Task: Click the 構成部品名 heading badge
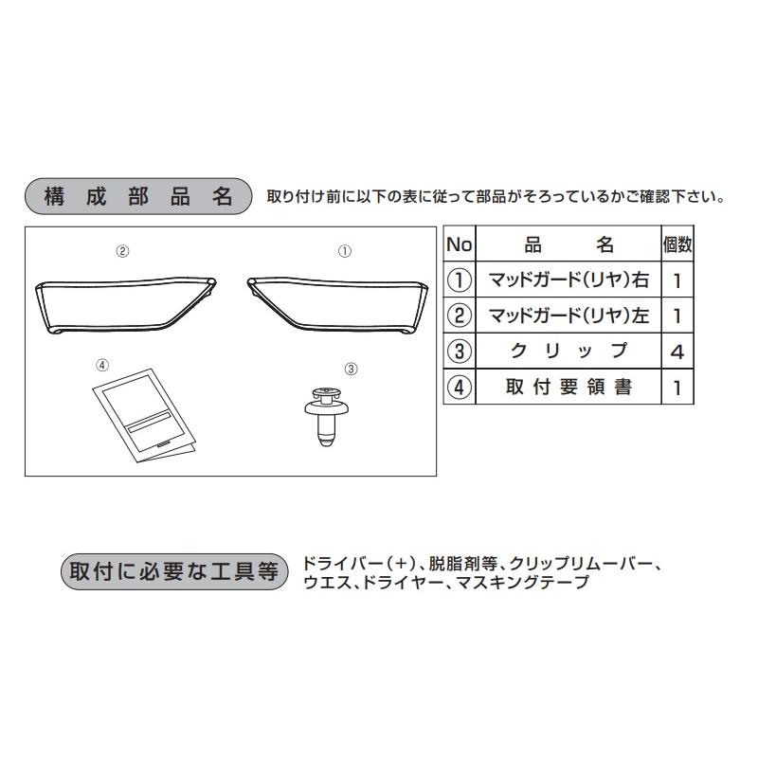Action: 137,196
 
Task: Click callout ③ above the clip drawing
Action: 350,368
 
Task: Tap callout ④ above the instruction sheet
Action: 103,364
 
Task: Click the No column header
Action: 460,244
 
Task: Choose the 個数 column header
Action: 677,244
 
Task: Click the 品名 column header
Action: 568,244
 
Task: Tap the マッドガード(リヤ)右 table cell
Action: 568,280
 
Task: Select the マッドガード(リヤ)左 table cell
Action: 568,316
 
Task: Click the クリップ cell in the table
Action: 568,352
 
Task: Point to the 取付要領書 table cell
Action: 568,387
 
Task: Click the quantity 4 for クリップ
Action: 677,352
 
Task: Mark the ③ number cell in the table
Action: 460,352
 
